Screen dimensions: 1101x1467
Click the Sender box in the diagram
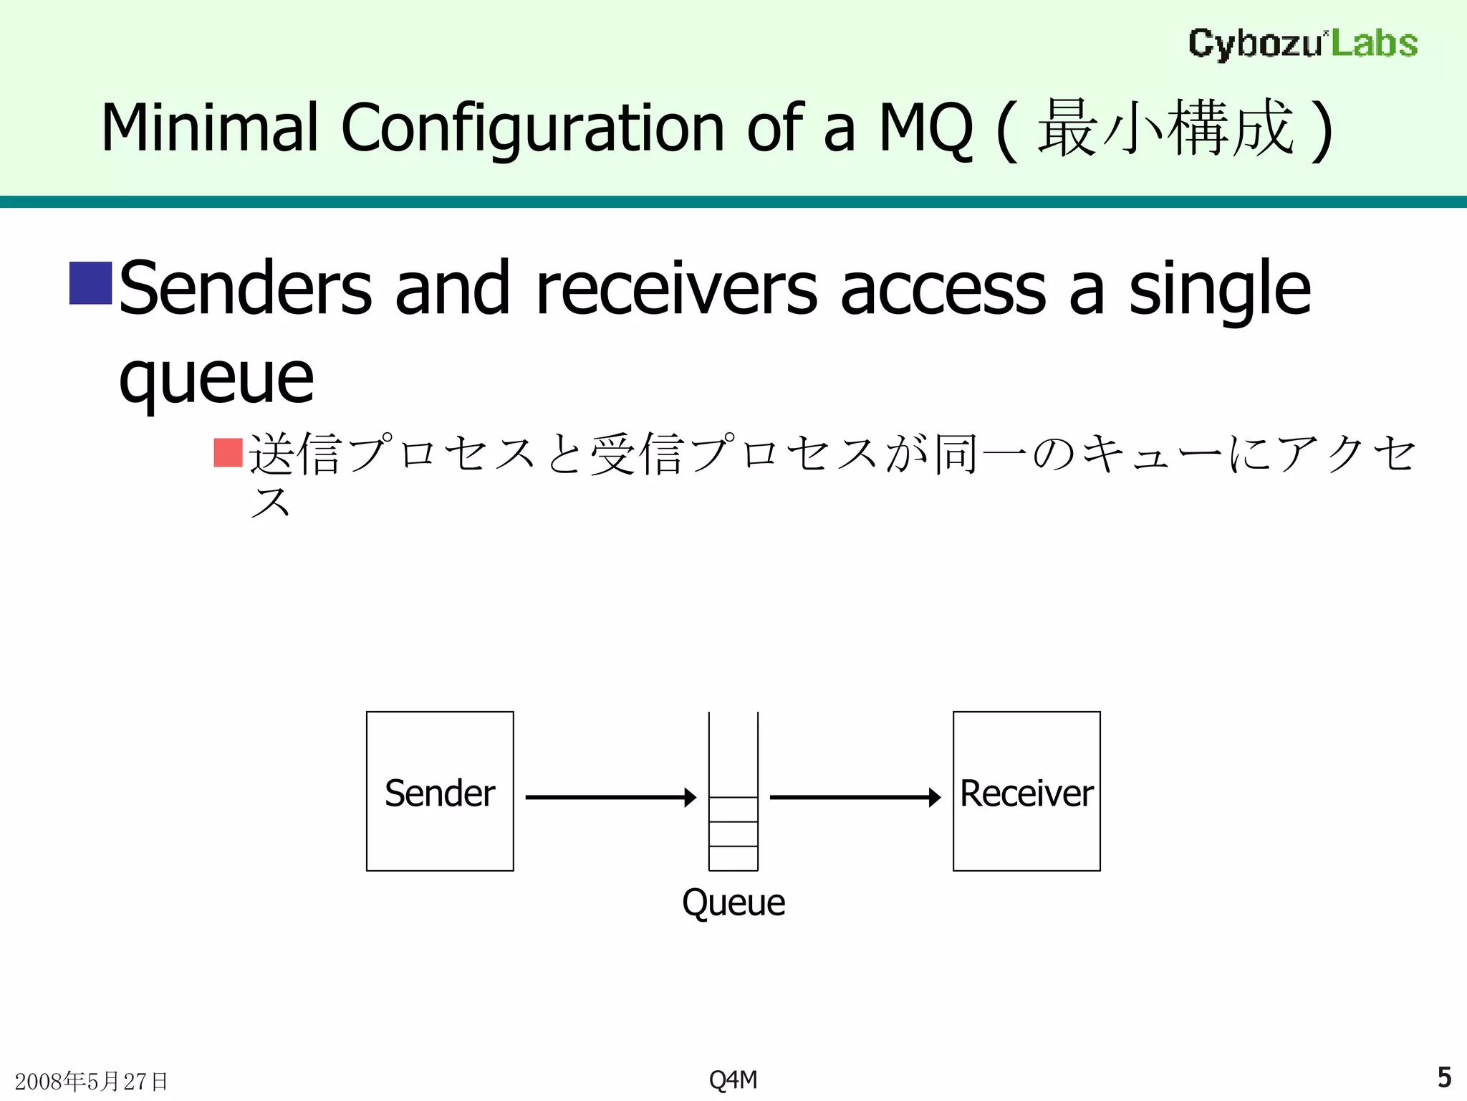pos(440,791)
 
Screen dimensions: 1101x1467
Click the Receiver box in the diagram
pos(1026,791)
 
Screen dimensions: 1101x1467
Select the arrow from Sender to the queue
pos(610,797)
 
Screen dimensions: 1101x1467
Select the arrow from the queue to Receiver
pos(855,797)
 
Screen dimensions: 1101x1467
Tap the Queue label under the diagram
pos(733,902)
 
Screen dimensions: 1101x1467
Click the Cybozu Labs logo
pos(1303,44)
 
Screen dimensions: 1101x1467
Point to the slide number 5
pos(1444,1077)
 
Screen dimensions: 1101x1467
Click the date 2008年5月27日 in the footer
pos(91,1081)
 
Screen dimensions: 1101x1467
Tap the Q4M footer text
pos(733,1079)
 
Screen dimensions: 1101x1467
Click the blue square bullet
pos(90,283)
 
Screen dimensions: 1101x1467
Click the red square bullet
pos(228,452)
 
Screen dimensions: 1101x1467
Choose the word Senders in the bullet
pos(245,288)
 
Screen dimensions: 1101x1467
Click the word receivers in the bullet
pos(676,288)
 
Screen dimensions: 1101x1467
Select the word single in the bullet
pos(1220,288)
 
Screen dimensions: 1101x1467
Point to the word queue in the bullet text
pos(216,378)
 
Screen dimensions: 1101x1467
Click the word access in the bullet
pos(943,288)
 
